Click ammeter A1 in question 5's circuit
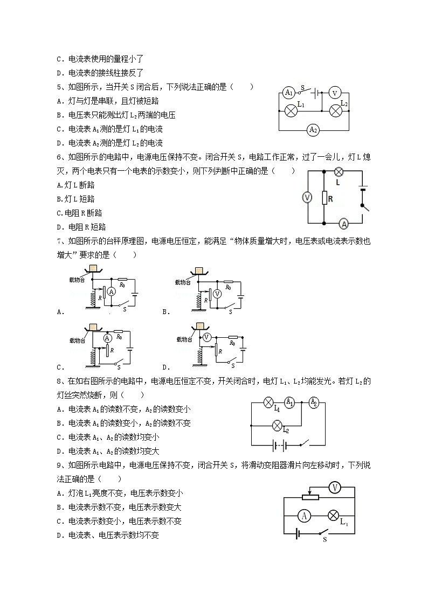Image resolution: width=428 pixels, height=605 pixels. (289, 92)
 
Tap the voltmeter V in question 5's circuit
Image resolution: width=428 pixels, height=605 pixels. (334, 93)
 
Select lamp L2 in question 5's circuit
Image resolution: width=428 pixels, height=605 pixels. (336, 110)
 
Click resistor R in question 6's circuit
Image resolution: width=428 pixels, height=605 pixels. (324, 198)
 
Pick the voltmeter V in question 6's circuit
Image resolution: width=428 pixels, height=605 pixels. (307, 198)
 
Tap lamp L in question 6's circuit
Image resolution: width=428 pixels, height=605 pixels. (339, 172)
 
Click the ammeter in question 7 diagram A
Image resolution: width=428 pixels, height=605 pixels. (112, 291)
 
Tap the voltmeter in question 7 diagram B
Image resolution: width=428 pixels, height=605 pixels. (217, 294)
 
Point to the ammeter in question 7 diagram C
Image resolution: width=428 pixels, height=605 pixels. (107, 338)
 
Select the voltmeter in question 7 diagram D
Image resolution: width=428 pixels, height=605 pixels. (206, 338)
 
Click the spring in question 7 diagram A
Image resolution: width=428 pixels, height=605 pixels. (92, 299)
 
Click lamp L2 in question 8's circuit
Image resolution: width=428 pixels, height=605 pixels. (278, 426)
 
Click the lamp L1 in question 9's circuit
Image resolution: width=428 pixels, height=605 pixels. (333, 516)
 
